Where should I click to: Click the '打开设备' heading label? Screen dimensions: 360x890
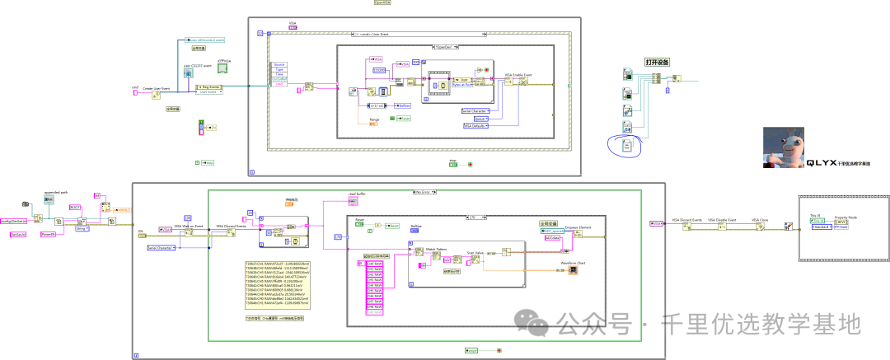click(x=657, y=62)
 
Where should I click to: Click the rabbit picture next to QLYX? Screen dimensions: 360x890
click(x=783, y=148)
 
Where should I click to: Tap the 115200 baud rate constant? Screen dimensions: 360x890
click(x=380, y=71)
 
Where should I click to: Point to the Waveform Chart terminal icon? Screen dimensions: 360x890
click(x=572, y=269)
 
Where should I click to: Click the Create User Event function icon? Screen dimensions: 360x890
click(x=156, y=95)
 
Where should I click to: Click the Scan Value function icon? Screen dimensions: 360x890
click(x=475, y=259)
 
